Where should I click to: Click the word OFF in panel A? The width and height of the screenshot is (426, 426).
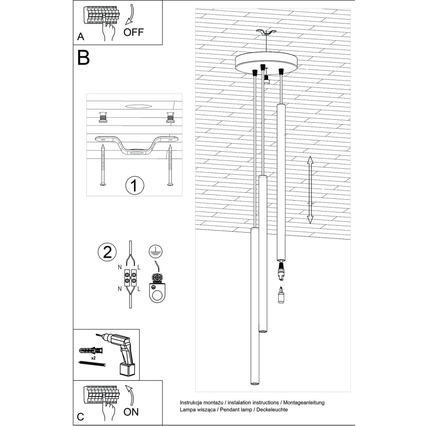tap(133, 33)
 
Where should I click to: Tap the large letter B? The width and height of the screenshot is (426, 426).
tap(83, 58)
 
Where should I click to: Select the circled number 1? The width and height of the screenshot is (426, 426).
tap(134, 186)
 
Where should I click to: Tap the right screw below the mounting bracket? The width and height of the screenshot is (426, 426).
tap(170, 165)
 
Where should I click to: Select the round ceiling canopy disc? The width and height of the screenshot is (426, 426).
tap(266, 62)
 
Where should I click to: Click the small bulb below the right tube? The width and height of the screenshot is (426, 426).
tap(281, 296)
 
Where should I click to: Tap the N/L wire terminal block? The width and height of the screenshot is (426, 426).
tap(130, 278)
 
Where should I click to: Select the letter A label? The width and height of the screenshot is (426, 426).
tap(80, 37)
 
